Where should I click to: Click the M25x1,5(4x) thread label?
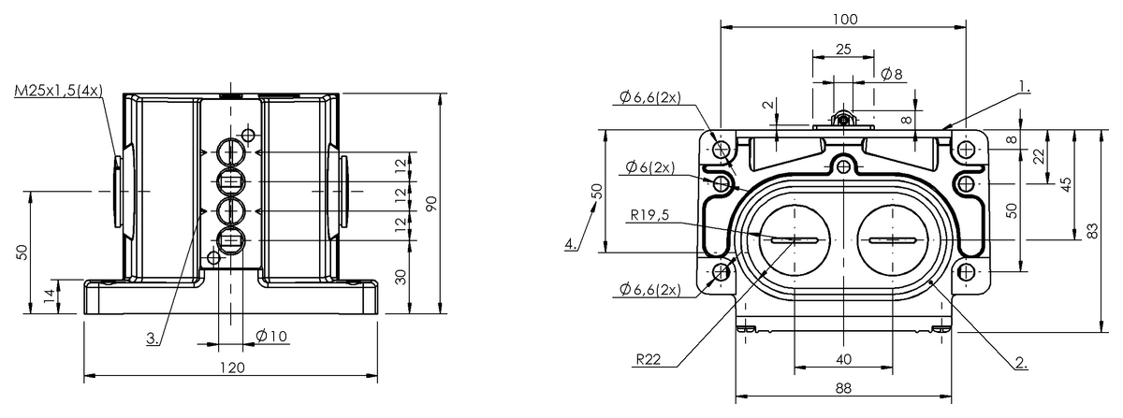click(x=59, y=91)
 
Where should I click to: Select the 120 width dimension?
click(x=233, y=368)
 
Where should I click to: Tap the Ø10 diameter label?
click(x=271, y=336)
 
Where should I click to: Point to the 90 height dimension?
click(x=431, y=204)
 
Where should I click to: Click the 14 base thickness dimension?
click(x=49, y=296)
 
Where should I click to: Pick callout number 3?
click(x=153, y=339)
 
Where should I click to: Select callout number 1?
click(x=1025, y=87)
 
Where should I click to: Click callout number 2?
click(x=1021, y=363)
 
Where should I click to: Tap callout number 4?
click(x=571, y=244)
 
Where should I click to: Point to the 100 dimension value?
click(x=845, y=19)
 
